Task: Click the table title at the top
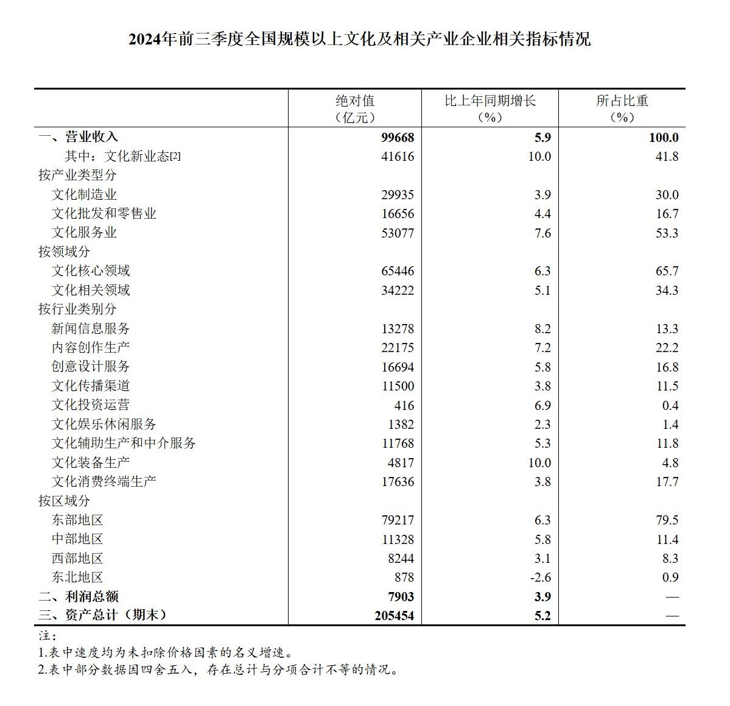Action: tap(359, 40)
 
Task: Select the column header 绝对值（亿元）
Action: tap(355, 108)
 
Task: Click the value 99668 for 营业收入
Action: tap(397, 138)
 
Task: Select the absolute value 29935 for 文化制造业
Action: tap(397, 195)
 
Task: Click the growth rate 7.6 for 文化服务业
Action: tap(542, 233)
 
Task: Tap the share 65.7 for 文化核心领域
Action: tap(667, 271)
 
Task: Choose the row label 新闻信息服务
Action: tap(91, 329)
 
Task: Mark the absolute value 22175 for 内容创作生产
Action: tap(397, 348)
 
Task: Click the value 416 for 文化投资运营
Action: tap(404, 406)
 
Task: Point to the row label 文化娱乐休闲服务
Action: tap(104, 425)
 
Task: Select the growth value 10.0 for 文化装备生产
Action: tap(539, 463)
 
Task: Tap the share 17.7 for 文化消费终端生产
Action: tap(667, 482)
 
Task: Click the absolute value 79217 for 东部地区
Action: tap(397, 520)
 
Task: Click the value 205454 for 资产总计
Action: tap(394, 616)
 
